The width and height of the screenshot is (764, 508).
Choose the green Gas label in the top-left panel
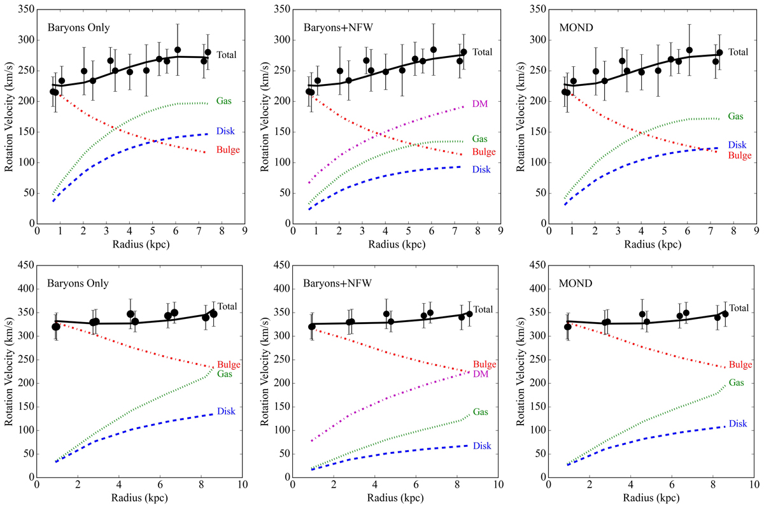click(x=224, y=100)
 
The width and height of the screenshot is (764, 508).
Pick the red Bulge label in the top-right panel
click(x=739, y=155)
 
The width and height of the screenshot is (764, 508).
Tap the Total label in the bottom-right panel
click(x=739, y=308)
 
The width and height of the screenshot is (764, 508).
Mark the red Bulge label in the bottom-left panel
click(x=229, y=365)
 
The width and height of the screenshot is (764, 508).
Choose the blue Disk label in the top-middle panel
click(x=482, y=169)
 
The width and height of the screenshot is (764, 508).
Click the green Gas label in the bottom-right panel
click(x=737, y=383)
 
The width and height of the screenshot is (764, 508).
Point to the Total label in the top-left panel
click(x=226, y=55)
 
